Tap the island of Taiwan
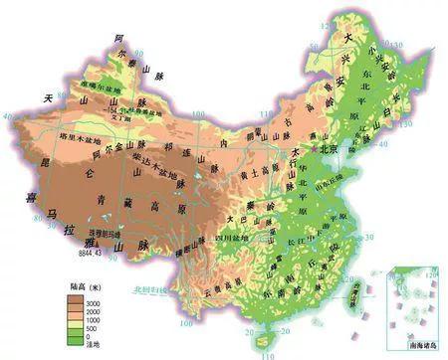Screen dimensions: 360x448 pyautogui.click(x=356, y=289)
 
